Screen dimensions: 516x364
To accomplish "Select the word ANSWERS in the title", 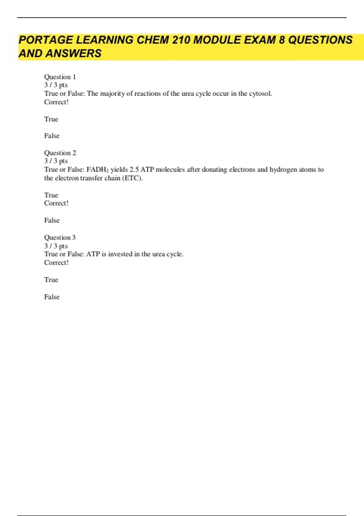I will point(73,53).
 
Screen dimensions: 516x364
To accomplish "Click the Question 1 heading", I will point(60,77).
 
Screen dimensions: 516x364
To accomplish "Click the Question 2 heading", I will point(60,153).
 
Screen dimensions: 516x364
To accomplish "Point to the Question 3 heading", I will point(60,237).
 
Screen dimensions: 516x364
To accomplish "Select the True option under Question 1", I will point(51,119).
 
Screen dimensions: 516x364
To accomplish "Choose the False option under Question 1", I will point(52,136).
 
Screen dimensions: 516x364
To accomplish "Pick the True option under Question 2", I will point(51,195).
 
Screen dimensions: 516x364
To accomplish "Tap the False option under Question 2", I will point(52,220).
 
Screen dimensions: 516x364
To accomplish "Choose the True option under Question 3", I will point(51,280).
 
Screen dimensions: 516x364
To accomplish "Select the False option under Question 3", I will point(52,297).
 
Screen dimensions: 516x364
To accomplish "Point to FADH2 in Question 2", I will point(97,170).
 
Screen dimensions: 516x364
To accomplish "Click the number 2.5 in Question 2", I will point(134,169).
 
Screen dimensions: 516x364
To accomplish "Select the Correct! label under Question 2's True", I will point(56,203).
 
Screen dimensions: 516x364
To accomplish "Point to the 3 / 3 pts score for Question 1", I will point(56,85).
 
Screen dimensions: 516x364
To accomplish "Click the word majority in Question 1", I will point(112,93).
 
